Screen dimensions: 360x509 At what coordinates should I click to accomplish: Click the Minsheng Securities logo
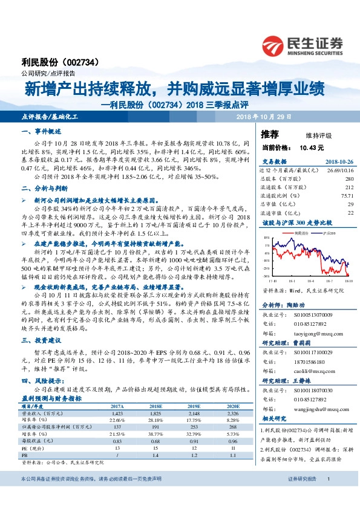tap(302, 44)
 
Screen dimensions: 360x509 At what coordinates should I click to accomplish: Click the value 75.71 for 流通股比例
tap(347, 196)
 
